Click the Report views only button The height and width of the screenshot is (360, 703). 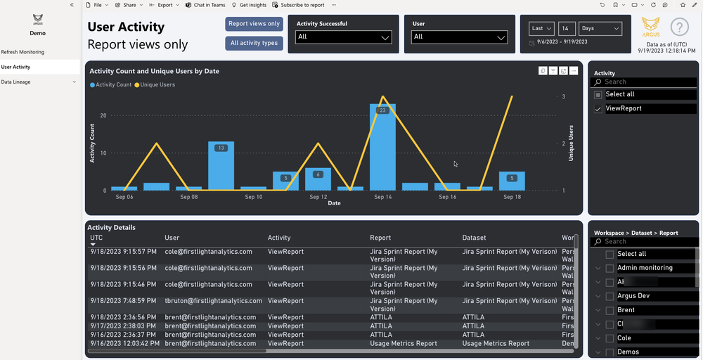(254, 24)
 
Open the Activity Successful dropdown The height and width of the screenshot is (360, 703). (343, 37)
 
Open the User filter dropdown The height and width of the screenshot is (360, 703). (460, 37)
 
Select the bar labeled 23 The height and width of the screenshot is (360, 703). (382, 148)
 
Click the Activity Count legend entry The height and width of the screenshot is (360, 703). (111, 84)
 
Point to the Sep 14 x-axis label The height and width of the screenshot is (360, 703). (382, 198)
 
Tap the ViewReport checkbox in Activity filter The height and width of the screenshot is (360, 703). (598, 109)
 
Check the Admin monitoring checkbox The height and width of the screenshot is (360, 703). (610, 268)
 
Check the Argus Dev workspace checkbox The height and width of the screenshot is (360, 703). (610, 296)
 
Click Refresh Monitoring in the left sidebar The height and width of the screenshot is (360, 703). (22, 52)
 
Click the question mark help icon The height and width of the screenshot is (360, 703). (679, 27)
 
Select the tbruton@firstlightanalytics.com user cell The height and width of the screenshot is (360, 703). (213, 301)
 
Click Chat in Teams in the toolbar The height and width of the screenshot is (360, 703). (205, 5)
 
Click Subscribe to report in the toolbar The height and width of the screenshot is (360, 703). (299, 5)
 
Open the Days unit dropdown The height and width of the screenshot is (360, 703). (600, 29)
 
